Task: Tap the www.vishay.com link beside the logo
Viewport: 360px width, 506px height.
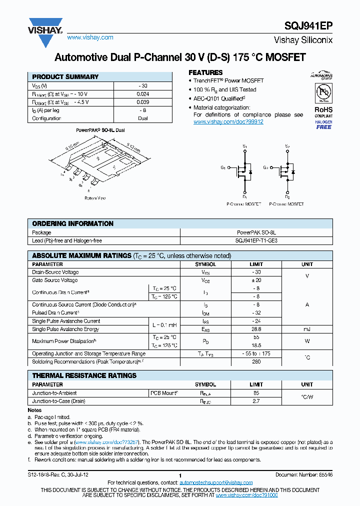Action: (90, 37)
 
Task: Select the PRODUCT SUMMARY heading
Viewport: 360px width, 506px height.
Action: (65, 77)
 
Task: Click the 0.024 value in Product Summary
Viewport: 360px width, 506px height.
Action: (142, 94)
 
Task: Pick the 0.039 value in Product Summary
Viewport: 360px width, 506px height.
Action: (142, 102)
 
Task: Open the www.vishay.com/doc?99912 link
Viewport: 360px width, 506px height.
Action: (228, 121)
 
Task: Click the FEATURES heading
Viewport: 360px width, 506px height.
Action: (205, 72)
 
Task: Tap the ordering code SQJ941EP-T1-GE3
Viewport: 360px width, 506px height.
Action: (256, 240)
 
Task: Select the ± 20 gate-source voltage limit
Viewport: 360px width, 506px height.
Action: (256, 280)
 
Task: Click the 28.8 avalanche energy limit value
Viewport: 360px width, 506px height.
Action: (256, 329)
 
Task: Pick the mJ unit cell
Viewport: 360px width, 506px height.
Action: (307, 329)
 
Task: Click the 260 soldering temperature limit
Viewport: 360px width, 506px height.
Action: (256, 361)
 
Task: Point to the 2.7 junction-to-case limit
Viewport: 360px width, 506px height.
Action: (256, 401)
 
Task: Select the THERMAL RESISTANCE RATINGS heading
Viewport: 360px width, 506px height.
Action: (84, 375)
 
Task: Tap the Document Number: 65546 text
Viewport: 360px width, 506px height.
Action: (303, 474)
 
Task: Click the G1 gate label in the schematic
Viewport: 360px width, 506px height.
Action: (223, 167)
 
